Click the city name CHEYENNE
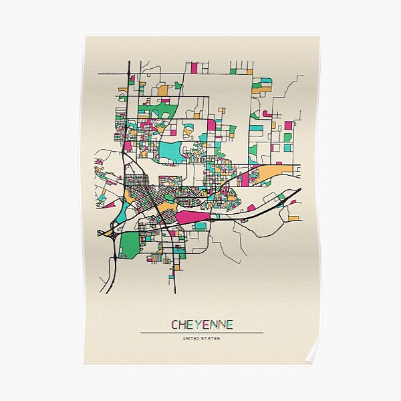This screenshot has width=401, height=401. tap(202, 325)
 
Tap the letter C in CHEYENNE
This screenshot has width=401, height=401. tap(175, 325)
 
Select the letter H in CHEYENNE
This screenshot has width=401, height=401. tap(182, 325)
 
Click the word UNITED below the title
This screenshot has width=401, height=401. tap(192, 338)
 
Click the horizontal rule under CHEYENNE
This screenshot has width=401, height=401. tap(202, 332)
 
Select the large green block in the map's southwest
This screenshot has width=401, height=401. tap(129, 245)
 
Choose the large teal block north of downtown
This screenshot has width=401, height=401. tap(170, 152)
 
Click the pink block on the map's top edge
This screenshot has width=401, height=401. tap(194, 68)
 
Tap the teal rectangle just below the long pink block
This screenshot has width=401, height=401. tap(200, 227)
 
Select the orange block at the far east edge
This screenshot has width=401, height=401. tap(293, 218)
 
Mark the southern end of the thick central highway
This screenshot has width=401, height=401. tap(174, 291)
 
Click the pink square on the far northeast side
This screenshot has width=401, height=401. tap(288, 125)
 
